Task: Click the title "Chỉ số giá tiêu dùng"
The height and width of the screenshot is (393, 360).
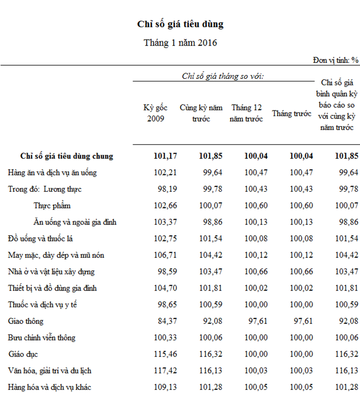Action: [180, 24]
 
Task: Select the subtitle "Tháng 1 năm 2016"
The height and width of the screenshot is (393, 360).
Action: [180, 42]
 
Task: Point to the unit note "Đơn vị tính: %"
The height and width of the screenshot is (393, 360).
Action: [336, 60]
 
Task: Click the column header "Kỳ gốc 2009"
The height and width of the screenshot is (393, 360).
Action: [155, 113]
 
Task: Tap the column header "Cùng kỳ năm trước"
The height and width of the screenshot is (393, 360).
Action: [201, 113]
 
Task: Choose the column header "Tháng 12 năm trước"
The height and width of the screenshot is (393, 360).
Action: [246, 113]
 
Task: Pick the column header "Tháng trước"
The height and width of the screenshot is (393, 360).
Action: [292, 114]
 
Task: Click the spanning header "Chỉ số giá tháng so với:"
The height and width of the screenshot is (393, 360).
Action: [223, 76]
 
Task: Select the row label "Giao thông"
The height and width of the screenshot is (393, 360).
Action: [25, 321]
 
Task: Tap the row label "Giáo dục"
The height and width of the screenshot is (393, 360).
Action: [23, 354]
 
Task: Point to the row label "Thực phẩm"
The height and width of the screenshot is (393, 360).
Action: [52, 206]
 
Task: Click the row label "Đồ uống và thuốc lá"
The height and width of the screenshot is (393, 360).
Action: [40, 239]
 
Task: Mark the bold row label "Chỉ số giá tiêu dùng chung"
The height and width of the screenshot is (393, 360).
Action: [67, 156]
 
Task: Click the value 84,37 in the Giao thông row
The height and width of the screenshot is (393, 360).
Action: [167, 321]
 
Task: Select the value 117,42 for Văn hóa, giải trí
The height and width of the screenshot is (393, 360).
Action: [165, 370]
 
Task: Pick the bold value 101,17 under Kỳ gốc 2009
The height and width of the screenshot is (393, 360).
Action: [165, 156]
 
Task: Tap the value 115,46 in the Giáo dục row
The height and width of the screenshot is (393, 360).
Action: [165, 354]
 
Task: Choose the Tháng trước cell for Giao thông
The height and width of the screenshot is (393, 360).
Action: [303, 321]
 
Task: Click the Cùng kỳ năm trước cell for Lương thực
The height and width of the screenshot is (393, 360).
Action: [213, 189]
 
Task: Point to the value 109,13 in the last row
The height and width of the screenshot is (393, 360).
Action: [165, 387]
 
